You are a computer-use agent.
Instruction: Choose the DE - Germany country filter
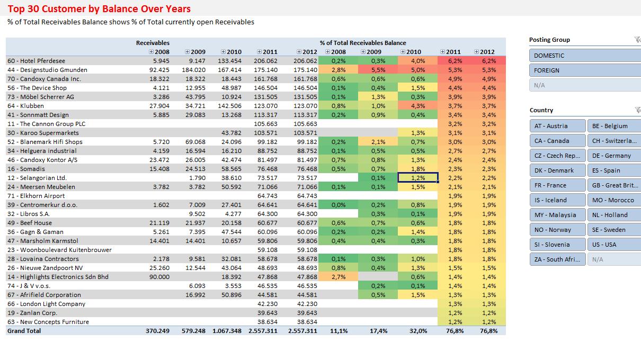pyautogui.click(x=613, y=156)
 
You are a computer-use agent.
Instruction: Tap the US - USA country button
pyautogui.click(x=613, y=245)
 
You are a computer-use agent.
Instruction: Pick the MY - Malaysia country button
pyautogui.click(x=557, y=215)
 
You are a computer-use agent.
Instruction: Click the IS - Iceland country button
pyautogui.click(x=557, y=200)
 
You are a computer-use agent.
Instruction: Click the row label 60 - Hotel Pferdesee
pyautogui.click(x=37, y=61)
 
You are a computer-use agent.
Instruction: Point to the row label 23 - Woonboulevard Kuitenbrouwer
pyautogui.click(x=59, y=250)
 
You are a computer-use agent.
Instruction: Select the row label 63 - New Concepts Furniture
pyautogui.click(x=48, y=322)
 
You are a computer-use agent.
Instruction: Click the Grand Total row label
pyautogui.click(x=24, y=331)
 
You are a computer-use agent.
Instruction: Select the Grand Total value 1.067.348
pyautogui.click(x=227, y=331)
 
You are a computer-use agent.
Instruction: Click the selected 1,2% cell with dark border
pyautogui.click(x=417, y=178)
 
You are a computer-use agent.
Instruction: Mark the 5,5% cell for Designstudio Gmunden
pyautogui.click(x=378, y=70)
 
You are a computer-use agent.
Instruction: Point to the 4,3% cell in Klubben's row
pyautogui.click(x=417, y=106)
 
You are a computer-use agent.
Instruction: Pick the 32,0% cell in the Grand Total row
pyautogui.click(x=418, y=331)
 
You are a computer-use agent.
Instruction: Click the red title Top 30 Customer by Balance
pyautogui.click(x=99, y=9)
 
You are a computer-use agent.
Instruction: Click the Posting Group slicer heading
pyautogui.click(x=549, y=40)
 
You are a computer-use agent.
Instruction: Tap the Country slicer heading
pyautogui.click(x=541, y=110)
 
